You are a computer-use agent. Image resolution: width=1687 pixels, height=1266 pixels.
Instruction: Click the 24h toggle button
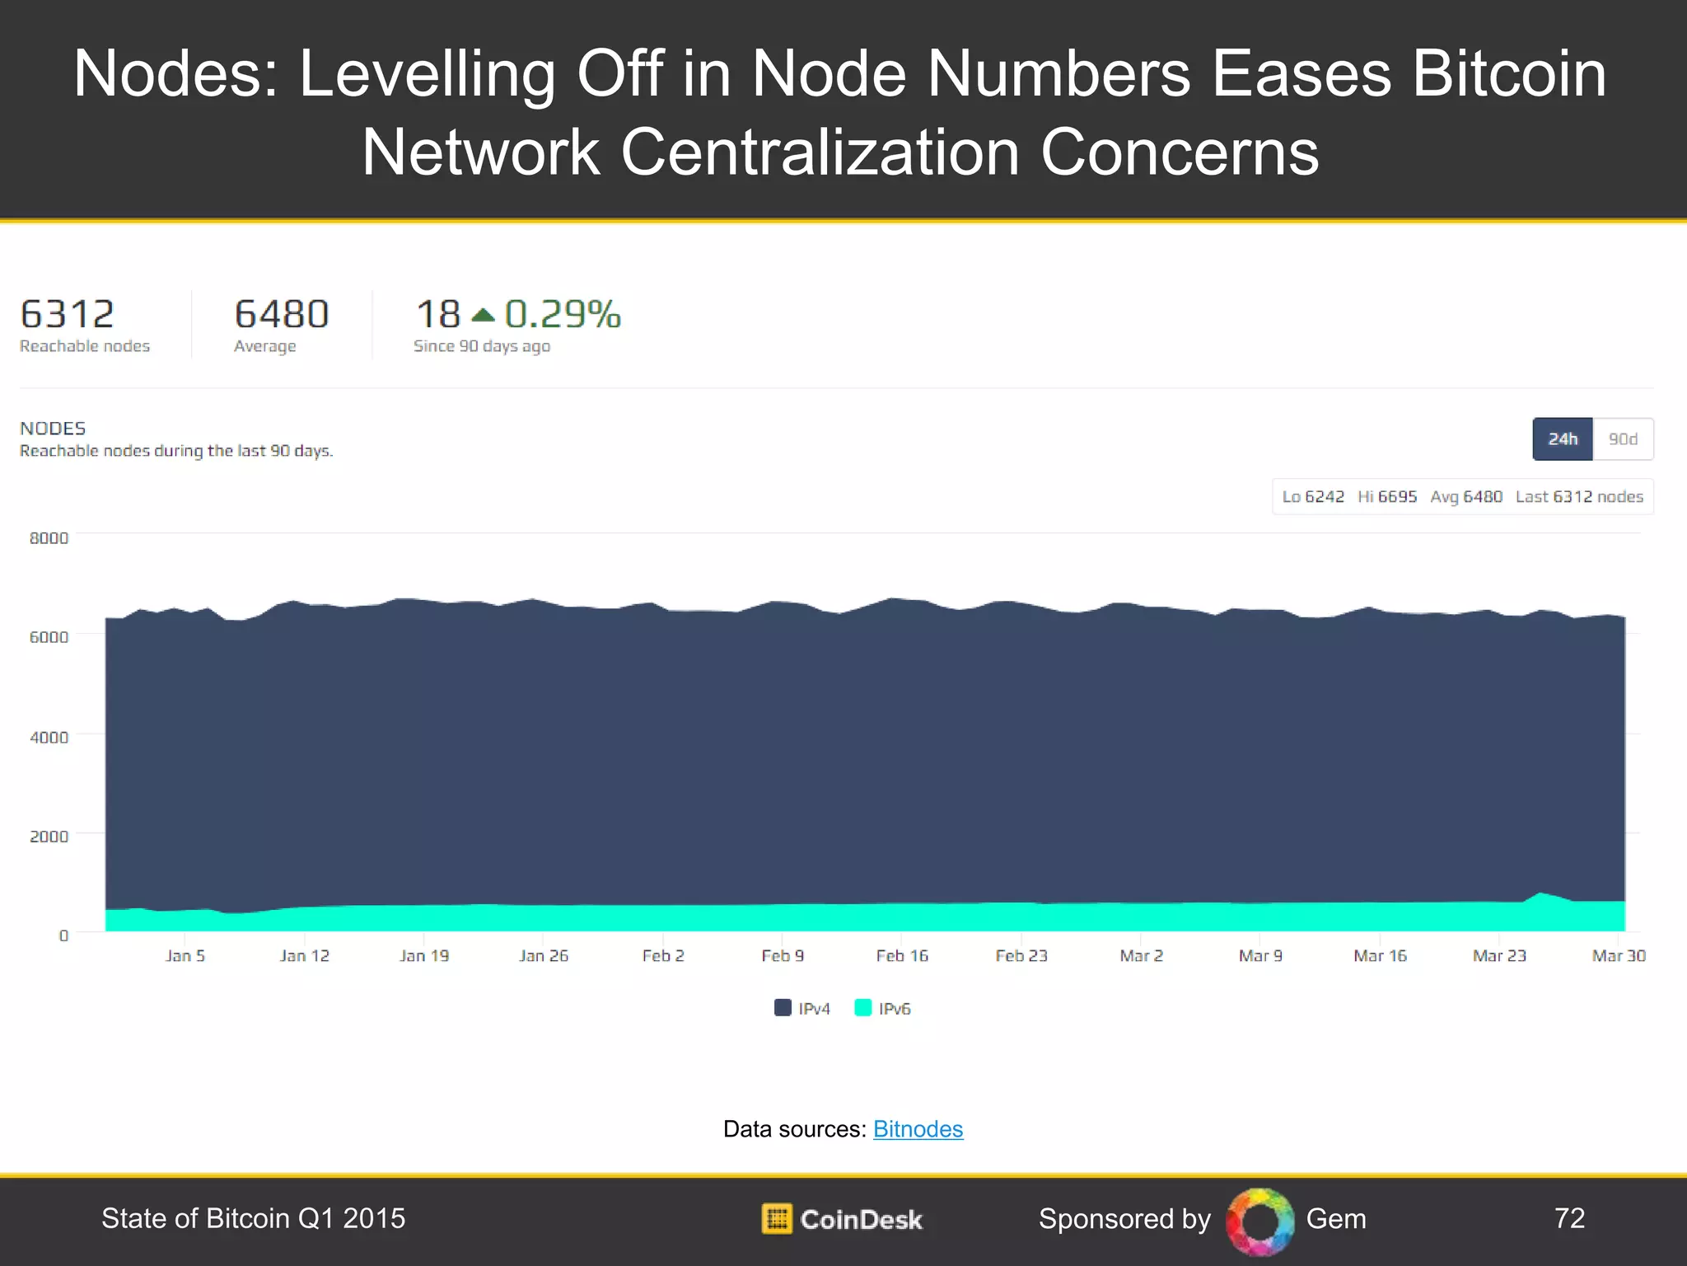click(x=1562, y=438)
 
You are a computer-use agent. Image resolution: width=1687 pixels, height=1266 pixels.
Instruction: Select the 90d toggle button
click(x=1623, y=438)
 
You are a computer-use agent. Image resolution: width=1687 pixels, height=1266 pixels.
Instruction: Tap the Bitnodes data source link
click(x=918, y=1128)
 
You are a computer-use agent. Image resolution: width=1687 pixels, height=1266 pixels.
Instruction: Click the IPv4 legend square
click(x=783, y=1007)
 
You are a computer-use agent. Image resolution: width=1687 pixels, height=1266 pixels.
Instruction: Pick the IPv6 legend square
click(x=862, y=1007)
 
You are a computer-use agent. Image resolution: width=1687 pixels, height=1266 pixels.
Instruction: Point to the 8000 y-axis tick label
click(x=49, y=537)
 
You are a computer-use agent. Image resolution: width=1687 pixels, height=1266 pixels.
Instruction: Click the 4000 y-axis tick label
click(x=49, y=737)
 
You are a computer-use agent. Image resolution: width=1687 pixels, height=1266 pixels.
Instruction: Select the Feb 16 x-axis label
click(x=901, y=955)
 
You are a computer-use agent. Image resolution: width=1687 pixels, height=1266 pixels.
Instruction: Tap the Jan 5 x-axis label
click(x=185, y=955)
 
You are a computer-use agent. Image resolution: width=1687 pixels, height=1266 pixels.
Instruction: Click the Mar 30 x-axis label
click(x=1618, y=955)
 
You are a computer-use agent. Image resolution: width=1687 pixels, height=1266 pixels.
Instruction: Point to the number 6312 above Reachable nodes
click(x=67, y=314)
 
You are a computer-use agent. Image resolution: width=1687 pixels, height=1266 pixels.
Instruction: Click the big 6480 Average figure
click(x=281, y=314)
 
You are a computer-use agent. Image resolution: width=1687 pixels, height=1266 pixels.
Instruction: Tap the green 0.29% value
click(x=563, y=314)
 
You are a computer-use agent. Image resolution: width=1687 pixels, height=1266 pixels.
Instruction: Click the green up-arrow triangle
click(x=483, y=315)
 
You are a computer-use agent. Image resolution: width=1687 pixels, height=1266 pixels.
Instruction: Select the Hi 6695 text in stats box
click(x=1387, y=496)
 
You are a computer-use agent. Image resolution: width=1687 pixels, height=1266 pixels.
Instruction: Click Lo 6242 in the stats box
click(x=1313, y=496)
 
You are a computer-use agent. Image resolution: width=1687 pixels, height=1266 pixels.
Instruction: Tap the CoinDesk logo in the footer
click(x=842, y=1218)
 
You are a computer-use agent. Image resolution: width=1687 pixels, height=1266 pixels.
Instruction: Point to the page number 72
click(x=1569, y=1217)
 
